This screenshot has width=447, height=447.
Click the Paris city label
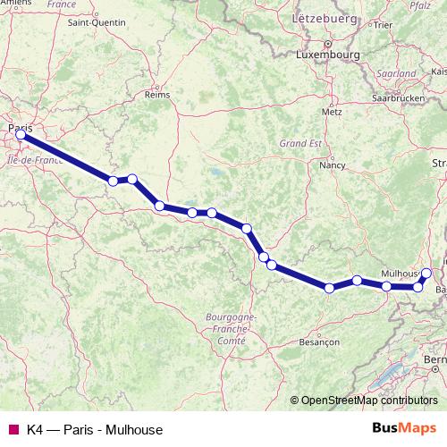(20, 128)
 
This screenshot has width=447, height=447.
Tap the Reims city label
(156, 93)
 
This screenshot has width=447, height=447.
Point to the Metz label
(331, 113)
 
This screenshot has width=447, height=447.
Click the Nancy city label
(333, 165)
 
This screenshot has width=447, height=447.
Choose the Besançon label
(320, 342)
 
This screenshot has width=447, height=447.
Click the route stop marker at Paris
(21, 135)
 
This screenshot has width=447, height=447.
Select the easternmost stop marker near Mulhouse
(426, 273)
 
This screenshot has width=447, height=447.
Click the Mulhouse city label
(400, 272)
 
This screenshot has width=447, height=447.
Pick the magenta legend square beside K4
(13, 428)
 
